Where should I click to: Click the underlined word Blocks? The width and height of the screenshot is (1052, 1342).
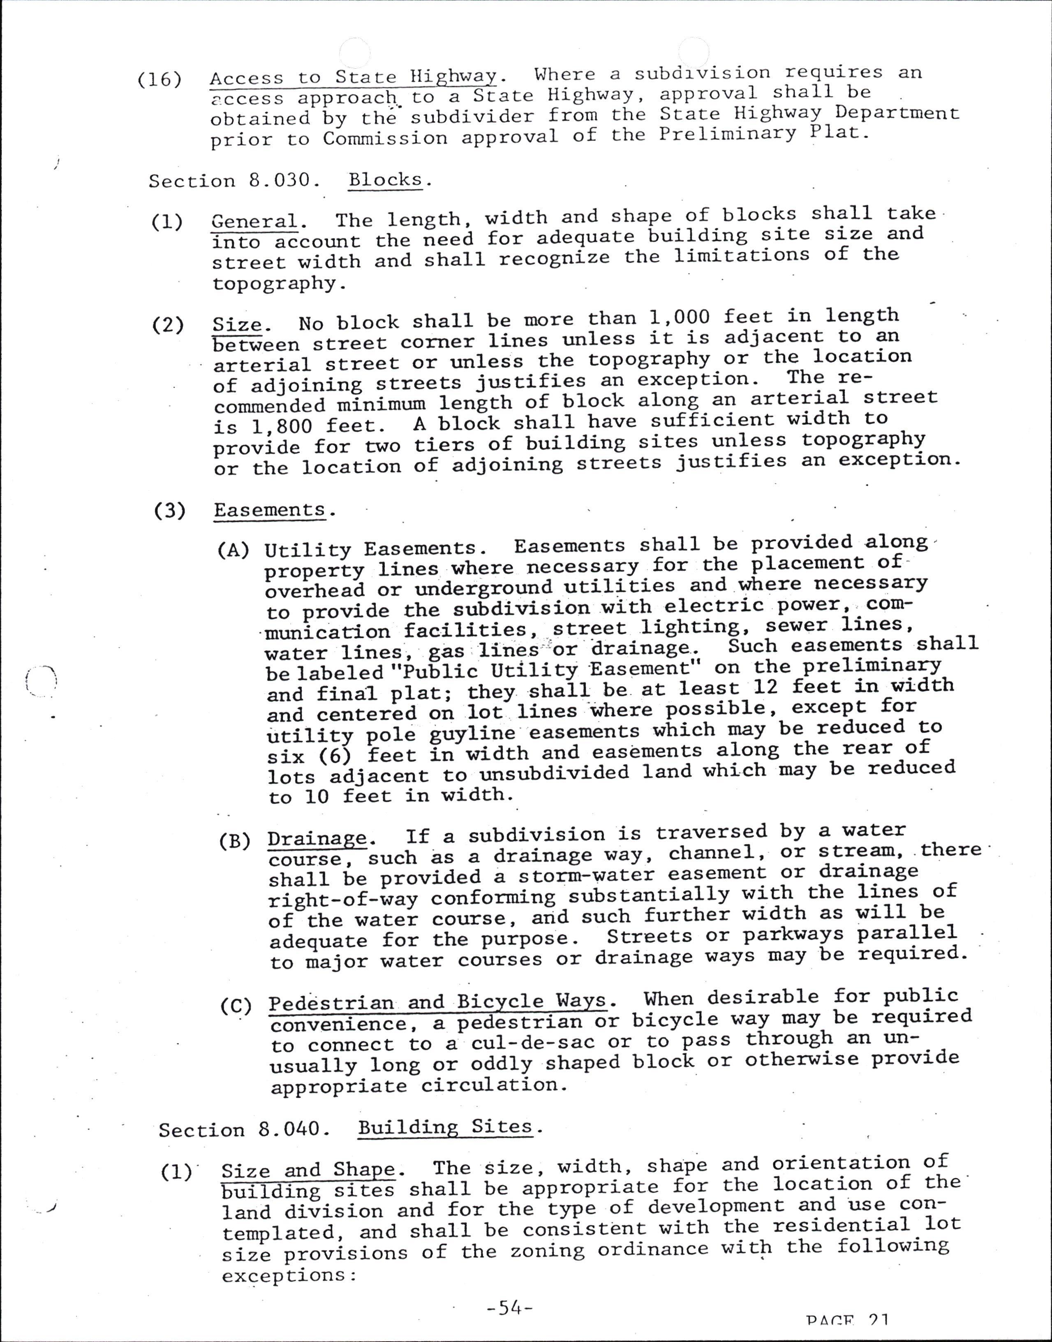pyautogui.click(x=386, y=180)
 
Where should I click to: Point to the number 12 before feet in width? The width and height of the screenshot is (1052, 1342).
pyautogui.click(x=765, y=687)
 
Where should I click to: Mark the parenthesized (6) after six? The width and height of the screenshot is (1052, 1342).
pyautogui.click(x=336, y=755)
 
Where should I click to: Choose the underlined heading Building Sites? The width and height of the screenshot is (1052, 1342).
pyautogui.click(x=445, y=1127)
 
